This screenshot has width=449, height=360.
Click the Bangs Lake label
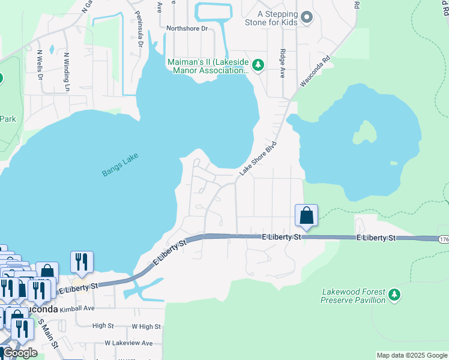click(120, 164)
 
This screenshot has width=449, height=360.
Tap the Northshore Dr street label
click(187, 28)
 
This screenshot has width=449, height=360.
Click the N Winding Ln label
click(67, 68)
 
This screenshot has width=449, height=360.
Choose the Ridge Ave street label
click(282, 61)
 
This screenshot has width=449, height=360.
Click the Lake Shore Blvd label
click(258, 158)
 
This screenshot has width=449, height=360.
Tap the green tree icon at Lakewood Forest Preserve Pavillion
click(394, 295)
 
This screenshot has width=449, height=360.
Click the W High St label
click(146, 326)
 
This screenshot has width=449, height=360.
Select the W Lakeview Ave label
click(128, 343)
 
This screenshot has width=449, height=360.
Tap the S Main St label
click(48, 334)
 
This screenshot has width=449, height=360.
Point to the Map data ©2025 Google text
click(411, 355)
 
